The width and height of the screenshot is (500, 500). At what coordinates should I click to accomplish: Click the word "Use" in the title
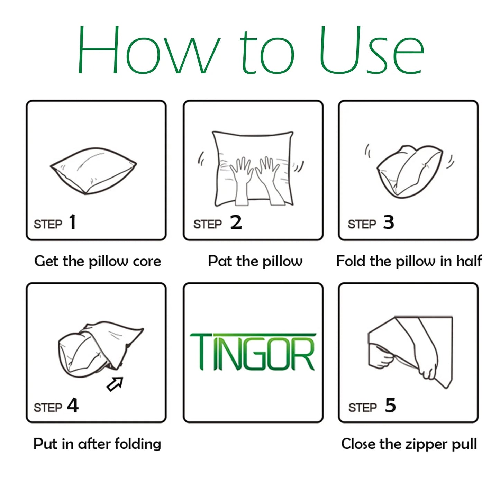pos(371,50)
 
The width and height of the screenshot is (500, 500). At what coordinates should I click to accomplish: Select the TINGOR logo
pos(253,352)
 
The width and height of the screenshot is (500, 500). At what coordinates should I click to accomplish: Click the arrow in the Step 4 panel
pos(115,384)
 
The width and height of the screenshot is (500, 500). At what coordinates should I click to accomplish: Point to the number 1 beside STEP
pos(73,222)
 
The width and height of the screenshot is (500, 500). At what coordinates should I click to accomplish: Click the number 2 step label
pos(236,222)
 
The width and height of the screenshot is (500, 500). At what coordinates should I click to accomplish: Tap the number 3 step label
pos(389,222)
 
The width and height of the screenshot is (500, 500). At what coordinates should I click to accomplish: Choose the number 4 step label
pos(73,406)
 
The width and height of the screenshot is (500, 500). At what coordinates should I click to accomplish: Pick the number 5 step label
pos(390,406)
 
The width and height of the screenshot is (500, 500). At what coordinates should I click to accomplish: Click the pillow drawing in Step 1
pos(93,171)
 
